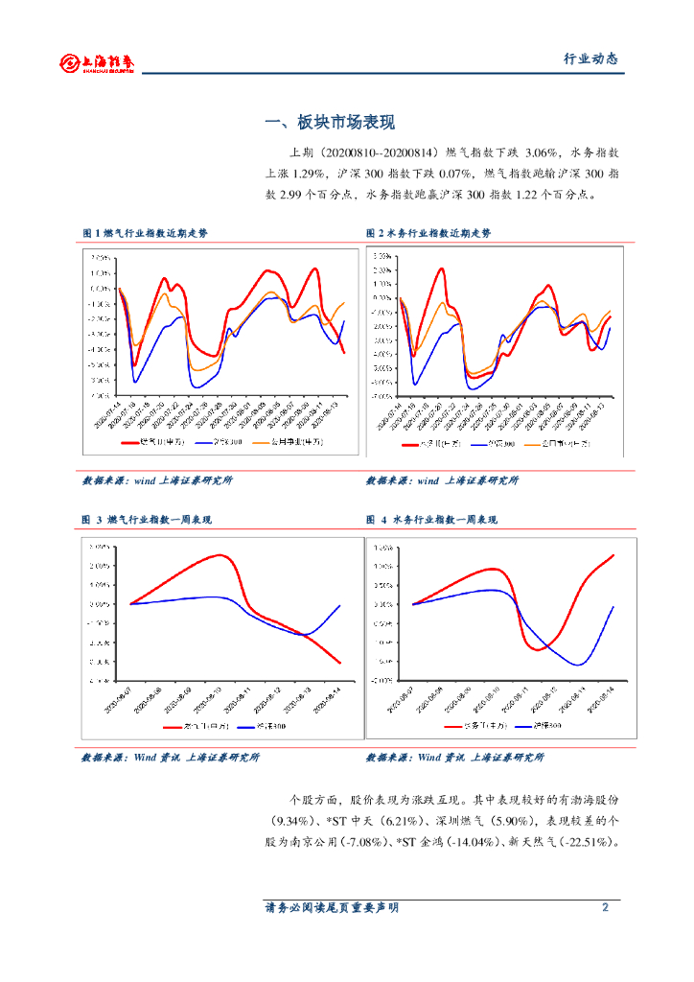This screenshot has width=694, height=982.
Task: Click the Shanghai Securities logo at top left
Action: pyautogui.click(x=97, y=62)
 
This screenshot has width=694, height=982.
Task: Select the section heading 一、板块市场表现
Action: pyautogui.click(x=330, y=123)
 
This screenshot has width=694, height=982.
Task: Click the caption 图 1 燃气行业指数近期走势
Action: pyautogui.click(x=145, y=233)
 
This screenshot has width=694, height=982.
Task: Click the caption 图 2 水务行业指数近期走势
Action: pyautogui.click(x=428, y=233)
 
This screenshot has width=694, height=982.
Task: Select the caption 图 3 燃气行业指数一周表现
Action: pyautogui.click(x=147, y=520)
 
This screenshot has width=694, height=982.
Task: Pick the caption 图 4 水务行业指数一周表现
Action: pyautogui.click(x=432, y=520)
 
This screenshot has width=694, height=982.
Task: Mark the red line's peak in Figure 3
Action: pyautogui.click(x=220, y=555)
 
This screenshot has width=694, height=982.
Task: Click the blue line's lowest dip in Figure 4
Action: pyautogui.click(x=579, y=665)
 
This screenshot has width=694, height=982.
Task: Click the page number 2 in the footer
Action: pyautogui.click(x=605, y=907)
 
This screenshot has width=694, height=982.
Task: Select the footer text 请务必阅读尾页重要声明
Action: pyautogui.click(x=332, y=907)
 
